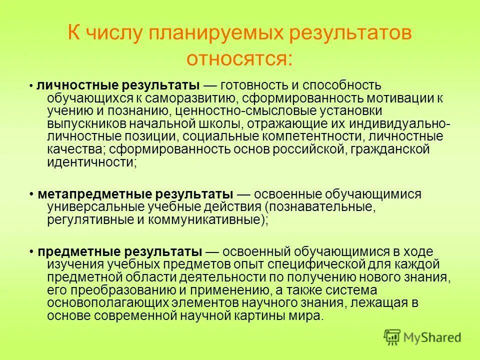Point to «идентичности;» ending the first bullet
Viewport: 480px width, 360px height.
click(92, 162)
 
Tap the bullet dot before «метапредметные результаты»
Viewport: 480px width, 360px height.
click(31, 194)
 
